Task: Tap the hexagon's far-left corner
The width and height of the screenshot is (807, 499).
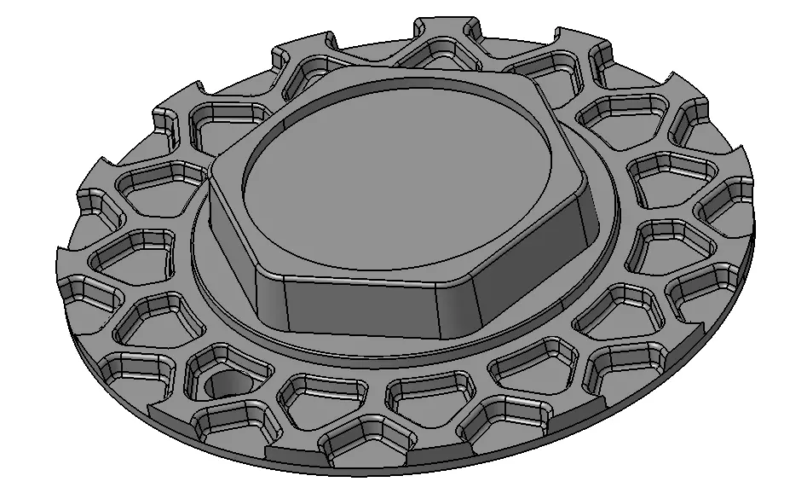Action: [210, 175]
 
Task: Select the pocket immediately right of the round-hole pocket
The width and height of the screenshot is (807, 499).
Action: [320, 393]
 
